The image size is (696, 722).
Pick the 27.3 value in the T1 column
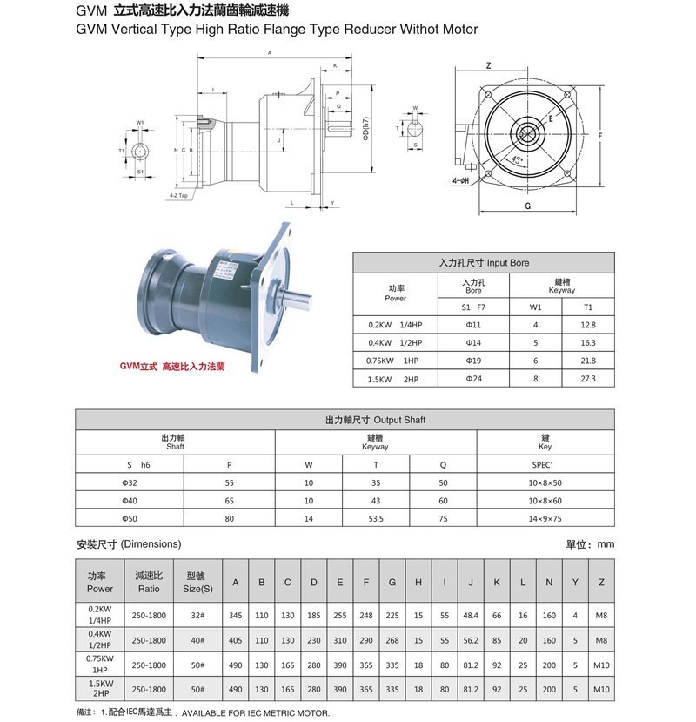click(588, 379)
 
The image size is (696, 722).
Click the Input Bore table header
click(484, 262)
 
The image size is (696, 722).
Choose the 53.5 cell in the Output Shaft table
click(377, 518)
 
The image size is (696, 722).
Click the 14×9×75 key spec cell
click(545, 518)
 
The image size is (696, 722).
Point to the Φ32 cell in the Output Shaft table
click(130, 482)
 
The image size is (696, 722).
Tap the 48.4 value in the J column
click(471, 616)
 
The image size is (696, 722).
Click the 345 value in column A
click(235, 616)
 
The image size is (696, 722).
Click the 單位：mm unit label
click(590, 544)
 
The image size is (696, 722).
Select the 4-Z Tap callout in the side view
click(179, 196)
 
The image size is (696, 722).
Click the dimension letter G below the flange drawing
click(528, 206)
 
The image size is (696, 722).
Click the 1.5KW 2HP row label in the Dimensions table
click(100, 689)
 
